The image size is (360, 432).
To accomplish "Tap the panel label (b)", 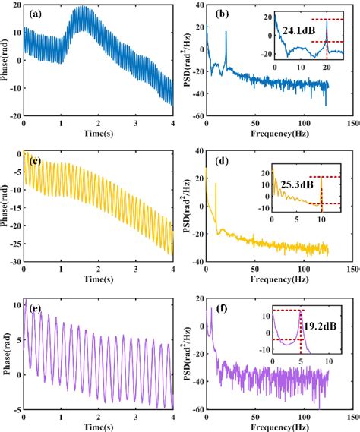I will click(x=224, y=14).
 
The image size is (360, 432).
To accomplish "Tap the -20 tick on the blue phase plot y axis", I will click(x=14, y=116).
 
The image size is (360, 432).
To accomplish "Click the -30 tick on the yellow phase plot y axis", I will click(x=14, y=262).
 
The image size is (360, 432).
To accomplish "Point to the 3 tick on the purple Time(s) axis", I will click(x=136, y=415).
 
